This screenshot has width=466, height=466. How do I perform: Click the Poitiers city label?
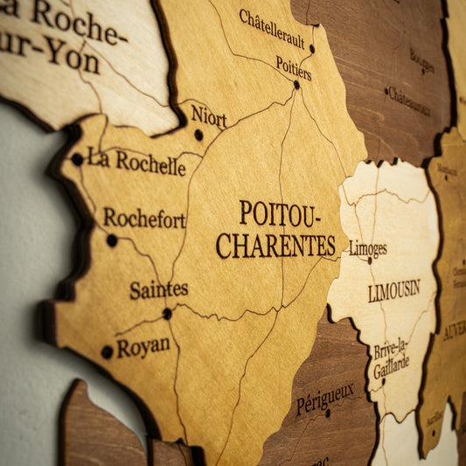click(294, 66)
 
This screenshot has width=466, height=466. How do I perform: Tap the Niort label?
click(209, 116)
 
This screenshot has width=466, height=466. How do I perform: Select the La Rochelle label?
click(136, 162)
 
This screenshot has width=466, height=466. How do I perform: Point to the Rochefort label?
click(144, 219)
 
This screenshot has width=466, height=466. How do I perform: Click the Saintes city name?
click(158, 289)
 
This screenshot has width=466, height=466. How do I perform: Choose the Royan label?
click(143, 347)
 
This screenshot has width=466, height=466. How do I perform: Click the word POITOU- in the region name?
click(281, 213)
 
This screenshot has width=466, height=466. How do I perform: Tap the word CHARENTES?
click(275, 246)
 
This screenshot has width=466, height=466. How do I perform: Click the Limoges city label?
click(368, 248)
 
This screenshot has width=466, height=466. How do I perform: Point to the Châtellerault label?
click(272, 29)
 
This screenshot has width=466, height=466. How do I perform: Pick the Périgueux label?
click(324, 398)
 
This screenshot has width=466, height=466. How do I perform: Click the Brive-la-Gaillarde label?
click(391, 359)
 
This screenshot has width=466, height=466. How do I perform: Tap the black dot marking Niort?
click(198, 135)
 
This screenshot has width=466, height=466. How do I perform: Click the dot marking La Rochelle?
click(77, 159)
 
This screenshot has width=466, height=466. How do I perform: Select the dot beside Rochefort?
click(111, 240)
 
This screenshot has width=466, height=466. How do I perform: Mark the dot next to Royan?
click(107, 351)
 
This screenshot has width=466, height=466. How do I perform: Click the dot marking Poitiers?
click(296, 85)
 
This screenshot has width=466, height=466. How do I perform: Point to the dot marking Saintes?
click(167, 313)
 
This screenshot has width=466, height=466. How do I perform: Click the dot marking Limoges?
click(369, 261)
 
